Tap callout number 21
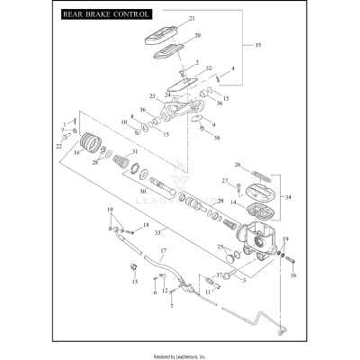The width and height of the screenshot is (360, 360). point(191,19)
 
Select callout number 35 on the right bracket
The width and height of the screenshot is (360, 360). point(258,45)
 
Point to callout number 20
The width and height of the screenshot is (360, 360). point(197,35)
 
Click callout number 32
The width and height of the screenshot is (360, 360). point(208,68)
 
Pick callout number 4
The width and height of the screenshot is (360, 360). point(232,68)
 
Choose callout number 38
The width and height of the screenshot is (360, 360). point(216,138)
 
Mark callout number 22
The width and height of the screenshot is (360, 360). point(60,145)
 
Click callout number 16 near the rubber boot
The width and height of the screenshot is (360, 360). point(76,154)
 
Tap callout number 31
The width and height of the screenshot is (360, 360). point(135,152)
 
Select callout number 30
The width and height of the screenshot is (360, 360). point(142,191)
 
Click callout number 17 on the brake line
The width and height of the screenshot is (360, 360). point(164,249)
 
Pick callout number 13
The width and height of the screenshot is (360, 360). point(134,282)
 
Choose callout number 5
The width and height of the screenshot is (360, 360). point(171,305)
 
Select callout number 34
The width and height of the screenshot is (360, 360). point(287,196)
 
